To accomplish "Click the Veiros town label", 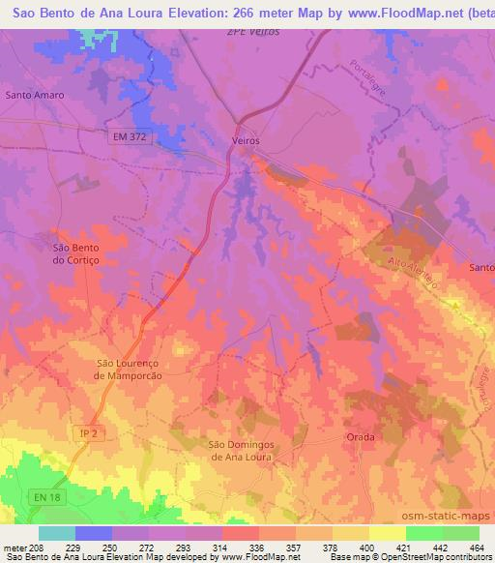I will [x=247, y=140].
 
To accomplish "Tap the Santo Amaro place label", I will [x=35, y=96].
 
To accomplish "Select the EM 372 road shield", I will [x=128, y=136].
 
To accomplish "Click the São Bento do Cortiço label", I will [x=75, y=253].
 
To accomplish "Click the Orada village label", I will [x=360, y=437].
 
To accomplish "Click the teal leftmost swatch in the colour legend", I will [x=57, y=533].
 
